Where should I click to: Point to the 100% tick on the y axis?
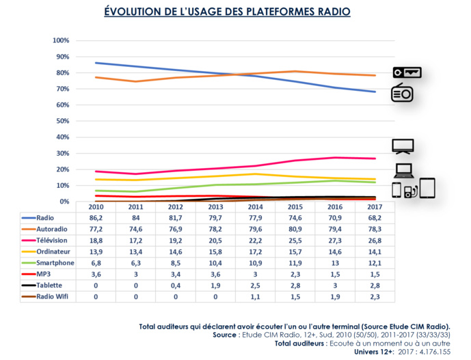[60, 41]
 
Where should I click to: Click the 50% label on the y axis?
[62, 121]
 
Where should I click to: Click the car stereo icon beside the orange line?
[407, 72]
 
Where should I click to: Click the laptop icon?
[403, 171]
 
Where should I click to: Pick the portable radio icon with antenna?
[401, 93]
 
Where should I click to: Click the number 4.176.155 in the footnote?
[435, 352]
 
